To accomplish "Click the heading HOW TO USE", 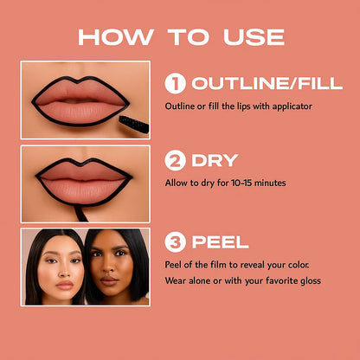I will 180,36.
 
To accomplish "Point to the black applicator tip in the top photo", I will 134,123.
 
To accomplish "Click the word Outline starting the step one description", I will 178,106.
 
